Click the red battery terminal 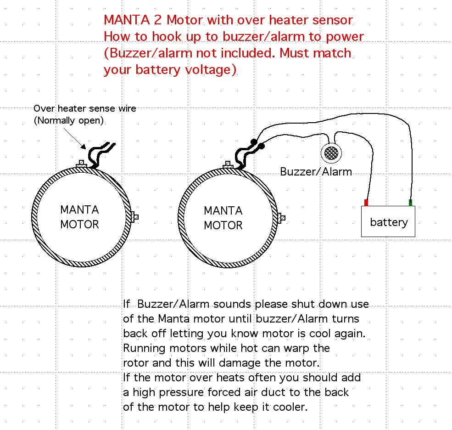pos(366,203)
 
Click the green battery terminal pos(410,203)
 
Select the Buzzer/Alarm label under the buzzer pos(316,172)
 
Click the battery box pos(388,222)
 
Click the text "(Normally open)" pos(68,121)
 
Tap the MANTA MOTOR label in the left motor pos(79,217)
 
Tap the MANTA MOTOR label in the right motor pos(223,218)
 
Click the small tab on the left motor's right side pos(135,216)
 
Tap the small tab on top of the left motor pos(82,164)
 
